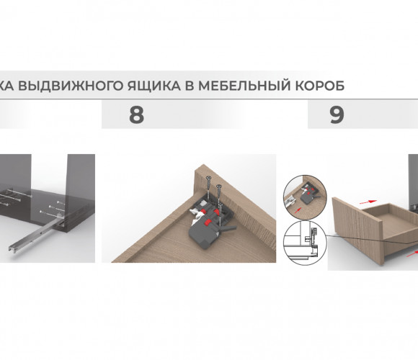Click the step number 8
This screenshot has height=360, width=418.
[x=136, y=114]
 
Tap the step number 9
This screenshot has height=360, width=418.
[x=337, y=114]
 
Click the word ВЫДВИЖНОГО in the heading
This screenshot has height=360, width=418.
[x=72, y=86]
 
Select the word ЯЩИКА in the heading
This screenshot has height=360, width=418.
[x=154, y=86]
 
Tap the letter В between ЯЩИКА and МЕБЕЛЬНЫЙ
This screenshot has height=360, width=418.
[x=189, y=86]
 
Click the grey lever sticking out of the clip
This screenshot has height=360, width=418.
[x=228, y=228]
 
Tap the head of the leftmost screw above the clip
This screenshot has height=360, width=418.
[x=208, y=177]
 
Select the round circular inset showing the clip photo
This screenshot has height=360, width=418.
[x=305, y=197]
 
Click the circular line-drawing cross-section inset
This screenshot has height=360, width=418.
[x=305, y=243]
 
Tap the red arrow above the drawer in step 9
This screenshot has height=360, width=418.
[x=368, y=202]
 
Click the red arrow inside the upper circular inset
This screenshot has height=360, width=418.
[x=298, y=210]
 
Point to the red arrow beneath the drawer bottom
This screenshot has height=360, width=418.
[x=412, y=254]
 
